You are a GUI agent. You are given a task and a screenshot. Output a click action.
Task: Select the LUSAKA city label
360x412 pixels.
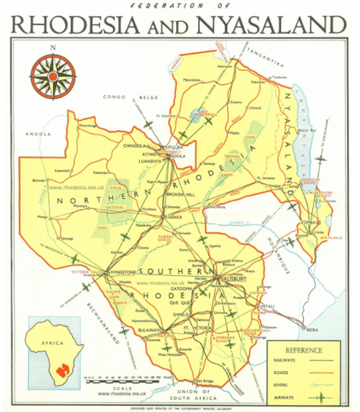coord(175,216)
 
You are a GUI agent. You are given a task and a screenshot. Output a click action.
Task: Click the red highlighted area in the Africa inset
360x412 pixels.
coord(59,367)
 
